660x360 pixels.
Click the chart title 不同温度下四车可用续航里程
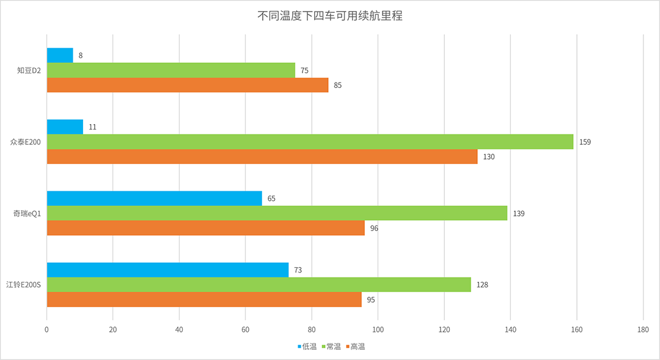point(330,17)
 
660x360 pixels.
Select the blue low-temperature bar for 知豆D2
point(60,55)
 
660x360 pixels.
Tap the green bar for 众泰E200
point(310,142)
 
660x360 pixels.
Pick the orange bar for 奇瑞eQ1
point(205,228)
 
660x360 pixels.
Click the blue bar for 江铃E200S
point(167,270)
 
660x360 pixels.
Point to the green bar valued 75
point(170,70)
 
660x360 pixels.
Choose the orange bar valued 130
point(262,156)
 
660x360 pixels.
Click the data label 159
point(585,142)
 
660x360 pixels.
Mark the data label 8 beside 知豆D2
point(81,56)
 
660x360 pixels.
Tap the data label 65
point(271,199)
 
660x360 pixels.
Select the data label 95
point(371,299)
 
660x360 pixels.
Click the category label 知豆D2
point(29,70)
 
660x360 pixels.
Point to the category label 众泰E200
point(24,142)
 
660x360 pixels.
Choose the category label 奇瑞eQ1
point(26,213)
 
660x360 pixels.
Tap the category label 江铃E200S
point(23,285)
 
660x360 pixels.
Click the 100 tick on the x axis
point(378,330)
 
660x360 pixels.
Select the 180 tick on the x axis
point(643,330)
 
